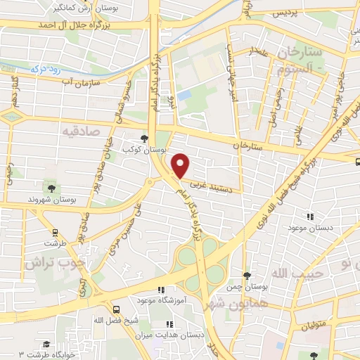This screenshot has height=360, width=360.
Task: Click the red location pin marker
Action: click(x=181, y=165)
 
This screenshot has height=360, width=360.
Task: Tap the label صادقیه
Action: click(x=82, y=131)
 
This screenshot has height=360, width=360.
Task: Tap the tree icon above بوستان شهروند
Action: click(x=51, y=188)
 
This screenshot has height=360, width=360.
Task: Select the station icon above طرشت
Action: click(x=56, y=232)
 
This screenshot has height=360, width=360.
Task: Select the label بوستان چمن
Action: click(x=251, y=287)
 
